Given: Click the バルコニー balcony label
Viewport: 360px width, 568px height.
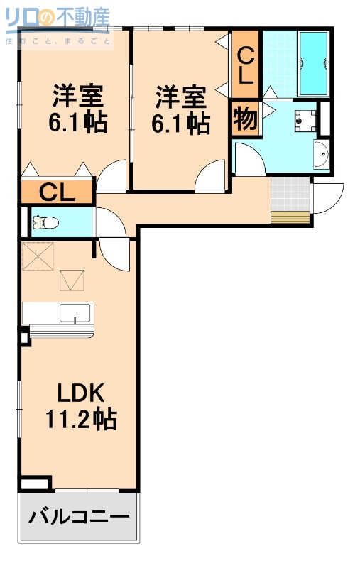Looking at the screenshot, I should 78,516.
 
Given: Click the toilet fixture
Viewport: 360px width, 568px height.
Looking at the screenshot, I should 45,223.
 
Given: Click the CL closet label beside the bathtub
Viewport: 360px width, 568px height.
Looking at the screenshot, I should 245,65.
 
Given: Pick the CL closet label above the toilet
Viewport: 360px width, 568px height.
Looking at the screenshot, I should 56,192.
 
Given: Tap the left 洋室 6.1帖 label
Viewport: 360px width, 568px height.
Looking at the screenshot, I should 77,109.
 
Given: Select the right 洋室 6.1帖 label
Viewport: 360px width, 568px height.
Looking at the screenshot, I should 181,109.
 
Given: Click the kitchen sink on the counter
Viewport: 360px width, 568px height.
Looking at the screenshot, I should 75,313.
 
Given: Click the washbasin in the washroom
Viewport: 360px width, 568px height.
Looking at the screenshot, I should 320,154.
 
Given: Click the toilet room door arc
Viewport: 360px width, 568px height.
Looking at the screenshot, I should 111,223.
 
